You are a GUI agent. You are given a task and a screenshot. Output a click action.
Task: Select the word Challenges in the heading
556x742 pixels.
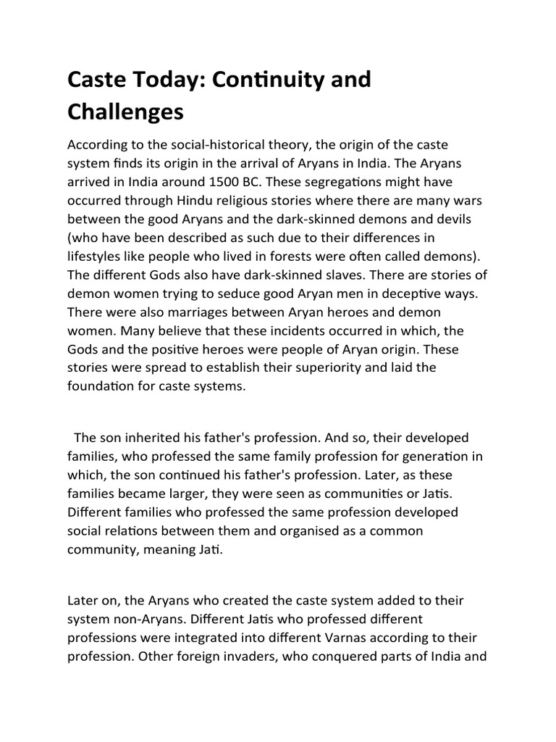click(125, 112)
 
